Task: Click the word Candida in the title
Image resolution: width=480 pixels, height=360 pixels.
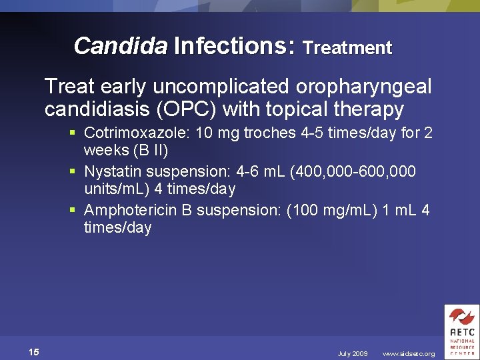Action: [x=120, y=46]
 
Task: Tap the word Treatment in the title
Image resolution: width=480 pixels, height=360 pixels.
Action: [x=347, y=48]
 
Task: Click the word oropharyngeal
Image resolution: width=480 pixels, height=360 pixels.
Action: [x=359, y=87]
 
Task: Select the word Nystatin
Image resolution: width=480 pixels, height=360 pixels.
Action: [x=111, y=172]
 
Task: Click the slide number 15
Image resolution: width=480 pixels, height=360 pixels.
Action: [x=34, y=352]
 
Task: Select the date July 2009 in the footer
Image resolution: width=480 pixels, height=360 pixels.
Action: [x=353, y=353]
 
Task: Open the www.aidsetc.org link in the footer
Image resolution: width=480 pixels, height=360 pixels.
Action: [x=409, y=353]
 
